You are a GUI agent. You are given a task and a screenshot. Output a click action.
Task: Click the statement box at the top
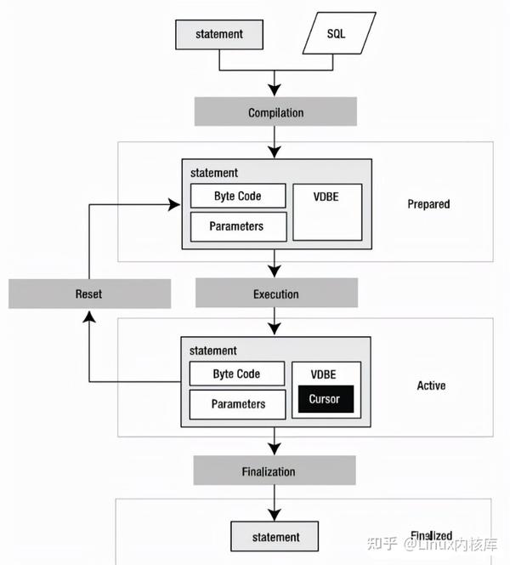219,34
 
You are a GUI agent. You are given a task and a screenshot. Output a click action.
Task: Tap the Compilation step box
275,112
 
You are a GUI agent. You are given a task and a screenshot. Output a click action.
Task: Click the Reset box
88,294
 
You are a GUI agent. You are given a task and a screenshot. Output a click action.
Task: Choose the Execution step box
275,294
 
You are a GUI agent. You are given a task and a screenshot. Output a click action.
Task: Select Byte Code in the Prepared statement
237,196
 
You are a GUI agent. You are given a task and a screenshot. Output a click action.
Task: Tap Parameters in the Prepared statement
236,226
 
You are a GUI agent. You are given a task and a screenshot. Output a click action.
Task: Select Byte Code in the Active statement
236,374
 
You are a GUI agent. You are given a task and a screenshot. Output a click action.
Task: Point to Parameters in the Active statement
238,404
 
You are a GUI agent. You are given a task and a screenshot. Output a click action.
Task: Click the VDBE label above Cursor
323,373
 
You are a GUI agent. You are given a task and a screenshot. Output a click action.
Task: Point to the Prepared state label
428,204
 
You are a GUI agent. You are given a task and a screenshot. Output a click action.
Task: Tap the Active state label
431,385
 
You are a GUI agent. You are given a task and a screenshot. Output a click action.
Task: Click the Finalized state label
431,535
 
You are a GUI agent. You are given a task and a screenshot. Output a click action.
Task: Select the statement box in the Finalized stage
275,537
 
